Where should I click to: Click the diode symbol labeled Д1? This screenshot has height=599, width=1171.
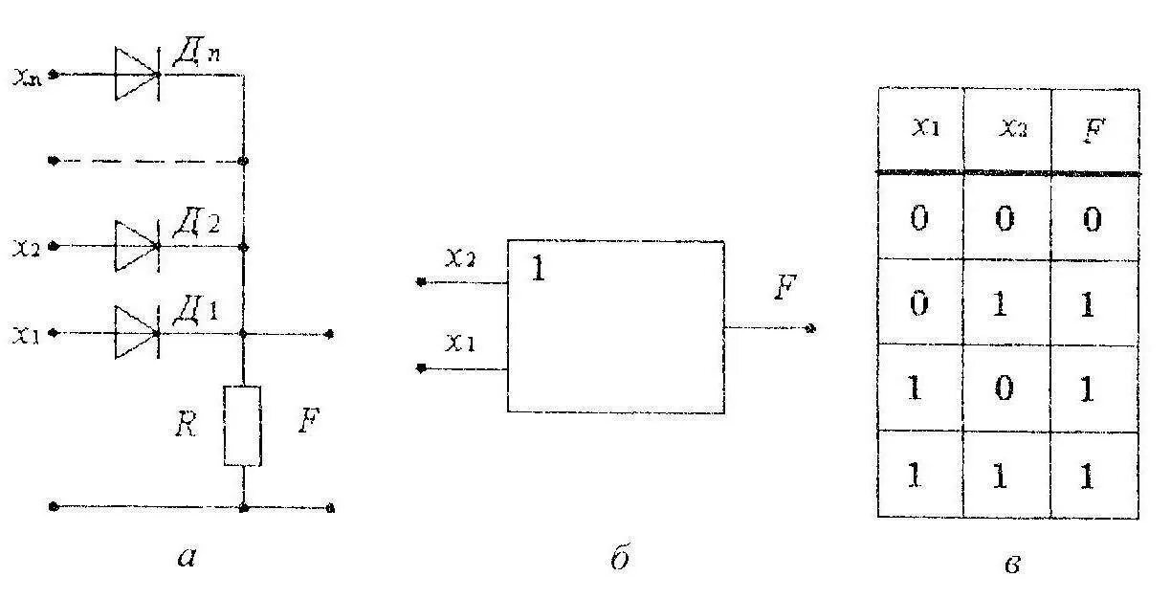(x=136, y=333)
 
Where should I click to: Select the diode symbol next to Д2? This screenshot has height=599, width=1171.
(x=136, y=246)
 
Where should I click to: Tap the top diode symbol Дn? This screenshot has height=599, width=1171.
(x=136, y=73)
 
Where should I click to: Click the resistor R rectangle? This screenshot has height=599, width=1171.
(x=242, y=425)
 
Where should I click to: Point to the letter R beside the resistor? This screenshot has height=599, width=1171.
(x=188, y=424)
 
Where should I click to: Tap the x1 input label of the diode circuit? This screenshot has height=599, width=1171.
(x=28, y=334)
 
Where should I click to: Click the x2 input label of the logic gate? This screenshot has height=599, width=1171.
(x=460, y=258)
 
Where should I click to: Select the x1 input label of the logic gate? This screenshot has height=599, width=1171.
(x=460, y=343)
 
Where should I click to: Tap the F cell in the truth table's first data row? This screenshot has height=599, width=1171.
(x=1094, y=219)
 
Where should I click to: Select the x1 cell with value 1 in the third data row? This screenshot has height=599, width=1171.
(x=917, y=389)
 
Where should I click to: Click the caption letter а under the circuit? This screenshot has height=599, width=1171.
(x=187, y=556)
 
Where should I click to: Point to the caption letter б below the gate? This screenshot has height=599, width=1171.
(x=619, y=556)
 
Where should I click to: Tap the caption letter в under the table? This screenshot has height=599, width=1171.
(x=1011, y=564)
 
